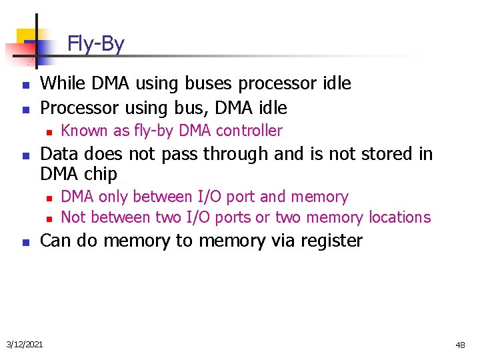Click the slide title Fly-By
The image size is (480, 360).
pyautogui.click(x=95, y=45)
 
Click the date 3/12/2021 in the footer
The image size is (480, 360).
pyautogui.click(x=24, y=345)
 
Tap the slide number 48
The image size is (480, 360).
pyautogui.click(x=460, y=345)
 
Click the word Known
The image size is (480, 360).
pyautogui.click(x=83, y=131)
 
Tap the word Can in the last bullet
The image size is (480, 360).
pyautogui.click(x=56, y=241)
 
